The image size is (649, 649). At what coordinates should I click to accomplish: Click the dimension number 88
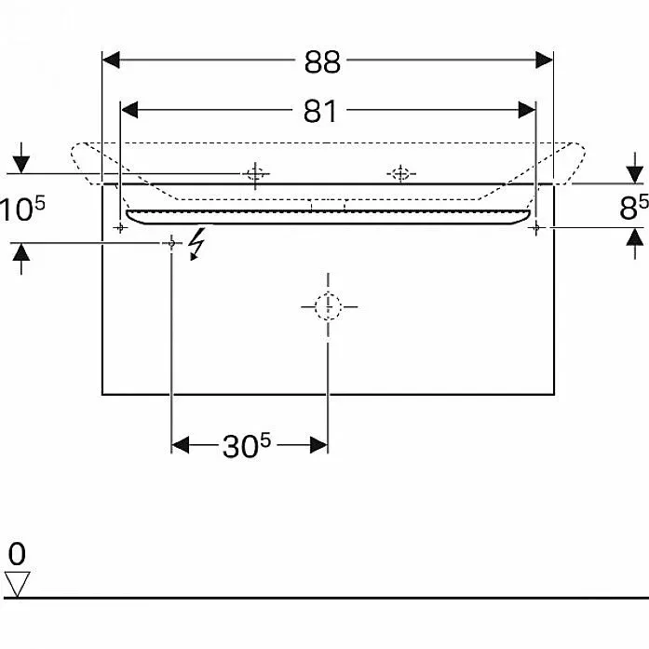click(x=322, y=62)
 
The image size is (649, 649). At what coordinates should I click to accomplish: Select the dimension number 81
click(x=320, y=112)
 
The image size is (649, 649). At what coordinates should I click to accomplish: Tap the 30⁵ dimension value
click(x=246, y=445)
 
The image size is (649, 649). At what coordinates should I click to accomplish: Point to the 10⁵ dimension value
click(x=21, y=209)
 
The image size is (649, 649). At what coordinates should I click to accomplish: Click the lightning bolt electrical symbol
click(x=196, y=244)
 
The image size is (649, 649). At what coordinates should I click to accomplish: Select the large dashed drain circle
click(x=329, y=306)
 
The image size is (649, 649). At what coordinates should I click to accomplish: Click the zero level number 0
click(x=17, y=554)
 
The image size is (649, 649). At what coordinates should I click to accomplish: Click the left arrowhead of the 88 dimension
click(x=111, y=60)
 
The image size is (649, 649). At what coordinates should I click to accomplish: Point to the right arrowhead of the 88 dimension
click(x=544, y=60)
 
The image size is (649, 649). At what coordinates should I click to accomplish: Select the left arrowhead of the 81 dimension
click(x=129, y=110)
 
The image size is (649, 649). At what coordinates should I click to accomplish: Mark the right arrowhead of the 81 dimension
click(x=527, y=110)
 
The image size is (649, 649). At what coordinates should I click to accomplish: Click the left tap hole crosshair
click(x=255, y=174)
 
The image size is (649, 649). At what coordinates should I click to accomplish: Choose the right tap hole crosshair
click(x=400, y=174)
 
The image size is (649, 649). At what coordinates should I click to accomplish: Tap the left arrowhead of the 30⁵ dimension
click(x=180, y=445)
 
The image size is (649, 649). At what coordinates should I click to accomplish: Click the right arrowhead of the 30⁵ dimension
click(x=319, y=445)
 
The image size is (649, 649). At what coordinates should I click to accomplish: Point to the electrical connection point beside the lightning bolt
click(x=171, y=243)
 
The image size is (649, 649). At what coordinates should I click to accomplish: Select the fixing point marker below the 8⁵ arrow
click(x=536, y=227)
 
